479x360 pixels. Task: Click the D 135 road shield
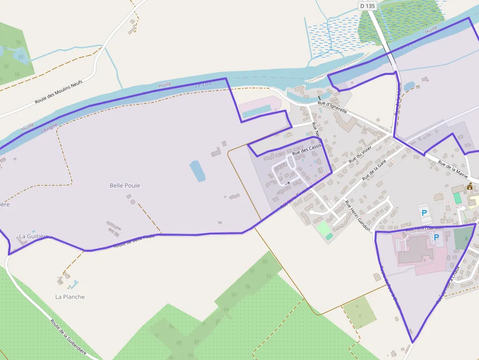pyautogui.click(x=368, y=6)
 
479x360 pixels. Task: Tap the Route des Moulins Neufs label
pyautogui.click(x=58, y=92)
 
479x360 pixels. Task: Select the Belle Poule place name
pyautogui.click(x=125, y=186)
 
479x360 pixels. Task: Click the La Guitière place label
pyautogui.click(x=34, y=236)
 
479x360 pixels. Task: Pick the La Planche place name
pyautogui.click(x=70, y=297)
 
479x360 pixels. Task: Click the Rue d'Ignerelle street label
pyautogui.click(x=332, y=107)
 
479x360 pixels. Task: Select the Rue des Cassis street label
pyautogui.click(x=306, y=150)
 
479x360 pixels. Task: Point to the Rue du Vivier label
pyautogui.click(x=360, y=155)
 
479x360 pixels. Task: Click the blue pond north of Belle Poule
pyautogui.click(x=197, y=171)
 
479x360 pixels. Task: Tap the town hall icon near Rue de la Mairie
pyautogui.click(x=470, y=186)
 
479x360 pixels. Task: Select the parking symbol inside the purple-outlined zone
pyautogui.click(x=436, y=237)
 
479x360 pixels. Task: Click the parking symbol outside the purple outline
pyautogui.click(x=424, y=213)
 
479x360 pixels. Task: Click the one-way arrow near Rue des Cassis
pyautogui.click(x=286, y=183)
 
